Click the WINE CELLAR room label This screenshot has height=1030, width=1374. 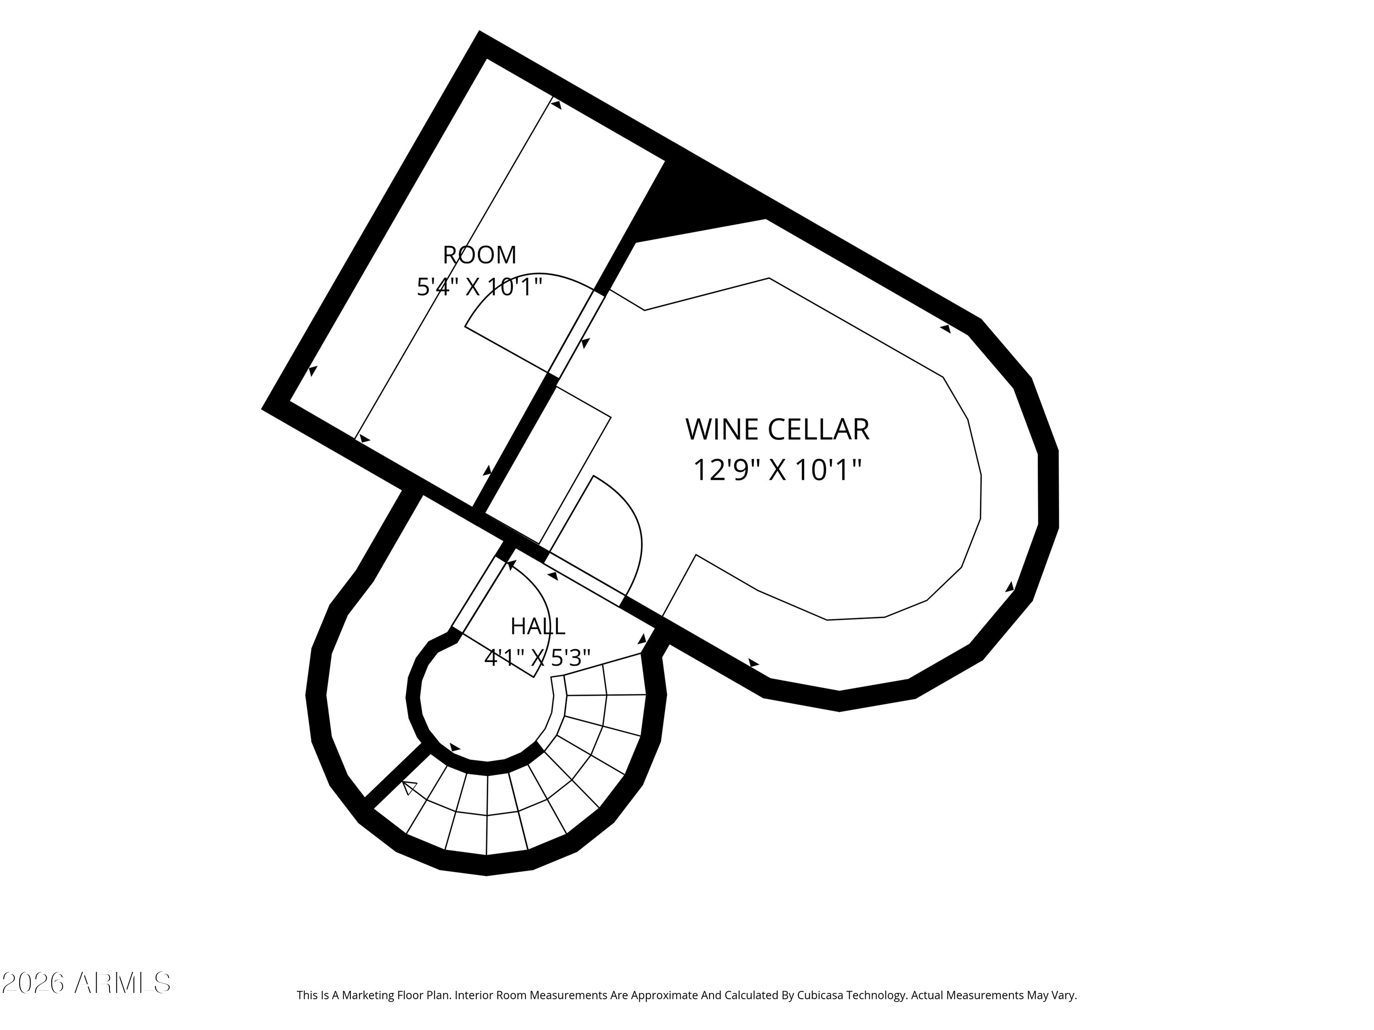[x=777, y=430]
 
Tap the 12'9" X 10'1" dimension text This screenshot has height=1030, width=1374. [x=777, y=470]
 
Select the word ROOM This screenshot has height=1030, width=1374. [x=480, y=255]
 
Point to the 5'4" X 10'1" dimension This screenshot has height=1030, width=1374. [x=480, y=287]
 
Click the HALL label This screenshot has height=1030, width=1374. [x=538, y=626]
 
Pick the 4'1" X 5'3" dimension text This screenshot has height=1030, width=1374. [x=537, y=657]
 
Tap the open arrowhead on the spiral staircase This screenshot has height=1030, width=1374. [x=409, y=788]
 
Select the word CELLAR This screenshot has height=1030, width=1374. [x=819, y=430]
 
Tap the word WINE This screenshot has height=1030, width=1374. [x=722, y=430]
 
